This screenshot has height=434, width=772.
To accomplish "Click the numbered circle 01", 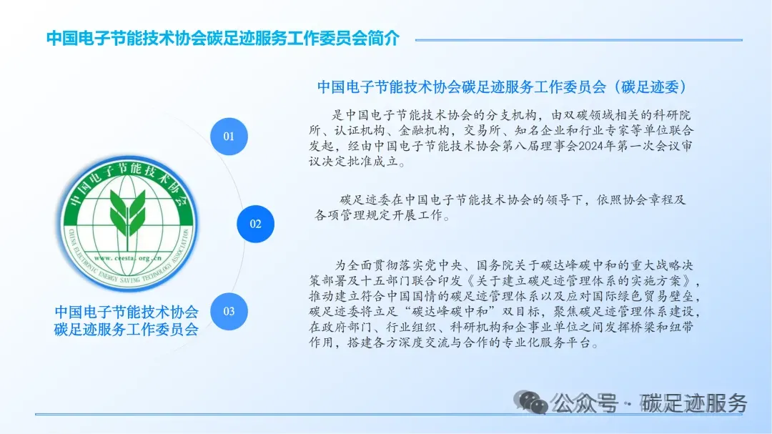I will (x=229, y=136).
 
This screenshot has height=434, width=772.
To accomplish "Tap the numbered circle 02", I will (x=255, y=224).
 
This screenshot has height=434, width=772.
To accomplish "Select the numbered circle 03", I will (x=229, y=311).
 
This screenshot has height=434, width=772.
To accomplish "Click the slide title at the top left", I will (x=222, y=39).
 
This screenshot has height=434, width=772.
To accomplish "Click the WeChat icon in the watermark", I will (x=533, y=403).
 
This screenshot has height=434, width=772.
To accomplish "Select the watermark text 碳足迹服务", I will (x=693, y=403).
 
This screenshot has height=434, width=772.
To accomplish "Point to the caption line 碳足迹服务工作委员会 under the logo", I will (x=127, y=330).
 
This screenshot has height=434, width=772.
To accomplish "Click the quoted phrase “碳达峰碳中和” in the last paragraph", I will (x=460, y=311).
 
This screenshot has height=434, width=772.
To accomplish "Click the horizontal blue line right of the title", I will (x=579, y=40).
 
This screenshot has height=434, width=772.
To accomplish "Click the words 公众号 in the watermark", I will (x=586, y=403).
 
